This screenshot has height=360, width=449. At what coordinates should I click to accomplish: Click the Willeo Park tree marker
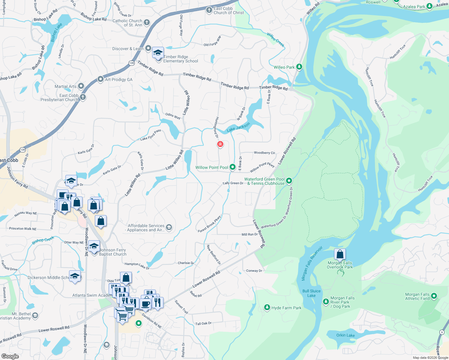[x=299, y=67]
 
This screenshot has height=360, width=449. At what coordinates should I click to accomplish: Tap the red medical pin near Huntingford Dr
[x=220, y=144]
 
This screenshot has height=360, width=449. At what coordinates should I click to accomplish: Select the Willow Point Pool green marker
[x=233, y=167]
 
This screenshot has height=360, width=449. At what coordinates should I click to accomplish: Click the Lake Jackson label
[x=238, y=127]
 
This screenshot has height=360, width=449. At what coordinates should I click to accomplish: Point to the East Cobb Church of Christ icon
[x=209, y=10]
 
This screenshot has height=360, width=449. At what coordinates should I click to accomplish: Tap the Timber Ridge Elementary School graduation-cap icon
[x=158, y=53]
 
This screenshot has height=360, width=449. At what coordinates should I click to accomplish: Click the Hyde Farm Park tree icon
[x=267, y=307]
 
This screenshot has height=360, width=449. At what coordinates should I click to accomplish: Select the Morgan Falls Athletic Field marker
[x=434, y=296]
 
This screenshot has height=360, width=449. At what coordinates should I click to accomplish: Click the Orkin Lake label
[x=345, y=335]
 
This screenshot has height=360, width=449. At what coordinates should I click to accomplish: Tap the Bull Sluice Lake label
[x=312, y=293]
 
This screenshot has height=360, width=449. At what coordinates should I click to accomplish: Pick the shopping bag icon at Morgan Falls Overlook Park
[x=340, y=254]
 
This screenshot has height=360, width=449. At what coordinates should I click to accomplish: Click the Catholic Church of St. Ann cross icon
[x=147, y=22]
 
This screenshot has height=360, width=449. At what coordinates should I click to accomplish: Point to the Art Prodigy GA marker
[x=101, y=79]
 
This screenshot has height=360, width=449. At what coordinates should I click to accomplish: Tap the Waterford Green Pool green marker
[x=289, y=181]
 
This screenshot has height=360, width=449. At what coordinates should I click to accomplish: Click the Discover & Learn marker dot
[x=148, y=48]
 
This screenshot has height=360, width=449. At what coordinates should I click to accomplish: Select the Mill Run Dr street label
[x=250, y=234]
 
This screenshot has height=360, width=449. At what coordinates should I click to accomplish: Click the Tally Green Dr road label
[x=233, y=183]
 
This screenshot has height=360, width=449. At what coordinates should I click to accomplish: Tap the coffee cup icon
[x=146, y=304]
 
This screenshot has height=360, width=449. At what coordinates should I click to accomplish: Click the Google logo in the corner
[x=10, y=356]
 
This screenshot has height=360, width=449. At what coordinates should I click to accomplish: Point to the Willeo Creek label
[x=276, y=40]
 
